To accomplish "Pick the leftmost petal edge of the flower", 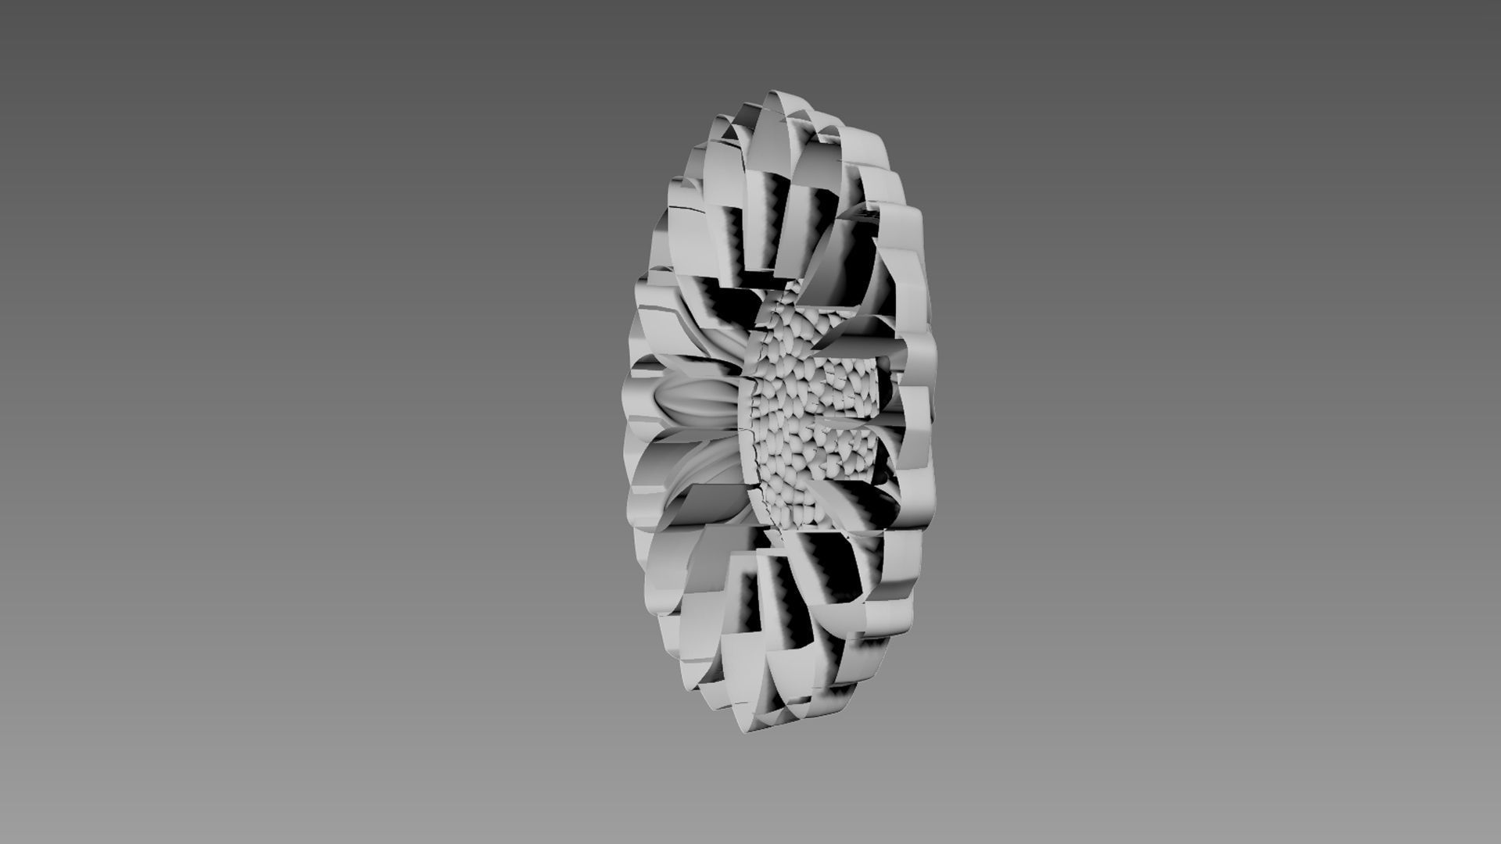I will click(625, 406).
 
